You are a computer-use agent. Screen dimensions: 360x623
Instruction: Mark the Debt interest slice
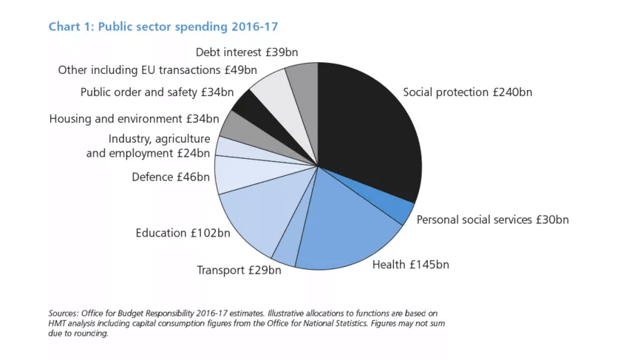(x=304, y=85)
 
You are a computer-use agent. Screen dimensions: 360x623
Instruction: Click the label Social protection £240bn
(x=467, y=92)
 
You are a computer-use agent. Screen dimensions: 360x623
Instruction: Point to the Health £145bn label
(x=410, y=264)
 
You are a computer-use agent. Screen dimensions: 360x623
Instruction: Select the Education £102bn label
(x=183, y=233)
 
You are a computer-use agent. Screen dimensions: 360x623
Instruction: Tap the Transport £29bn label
(x=239, y=270)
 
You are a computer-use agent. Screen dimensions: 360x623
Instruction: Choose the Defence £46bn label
(x=170, y=177)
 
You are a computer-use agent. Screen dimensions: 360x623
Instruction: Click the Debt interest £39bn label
(x=246, y=52)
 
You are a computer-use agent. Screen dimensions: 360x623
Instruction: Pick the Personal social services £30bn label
(x=492, y=220)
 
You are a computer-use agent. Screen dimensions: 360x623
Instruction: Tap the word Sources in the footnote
(x=65, y=313)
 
